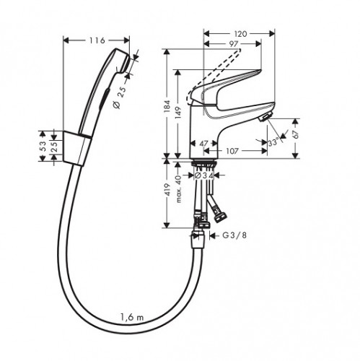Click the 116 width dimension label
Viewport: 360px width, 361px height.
(97, 40)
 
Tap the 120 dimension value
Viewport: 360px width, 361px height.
(240, 34)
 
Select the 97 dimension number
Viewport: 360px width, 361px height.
(233, 44)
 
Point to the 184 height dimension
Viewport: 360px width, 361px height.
(167, 105)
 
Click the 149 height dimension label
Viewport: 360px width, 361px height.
(178, 113)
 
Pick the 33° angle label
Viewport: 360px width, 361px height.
(273, 142)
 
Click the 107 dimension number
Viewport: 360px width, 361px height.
(232, 151)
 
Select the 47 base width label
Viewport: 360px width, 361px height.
(203, 144)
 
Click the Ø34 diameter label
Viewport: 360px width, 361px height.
(204, 175)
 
